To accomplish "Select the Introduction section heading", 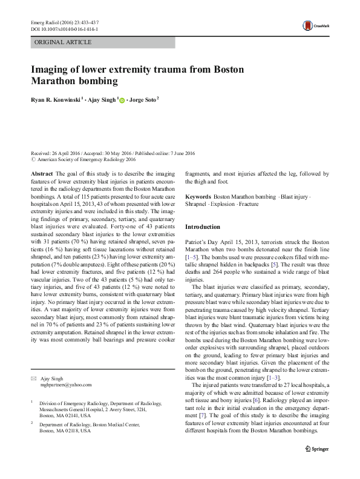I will (x=202, y=227).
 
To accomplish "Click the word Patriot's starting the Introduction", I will (x=197, y=241).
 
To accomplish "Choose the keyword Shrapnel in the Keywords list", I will (x=195, y=205).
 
